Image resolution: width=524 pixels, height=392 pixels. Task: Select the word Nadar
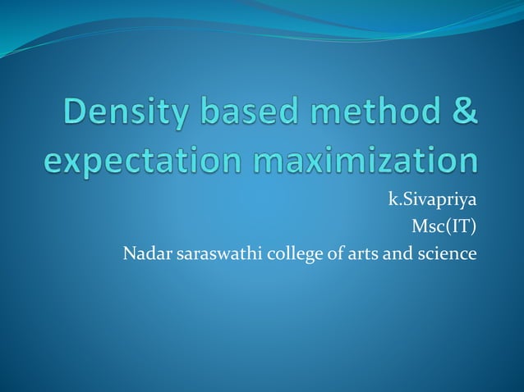[x=143, y=254]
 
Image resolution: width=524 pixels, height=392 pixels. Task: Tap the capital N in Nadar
[x=128, y=254]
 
